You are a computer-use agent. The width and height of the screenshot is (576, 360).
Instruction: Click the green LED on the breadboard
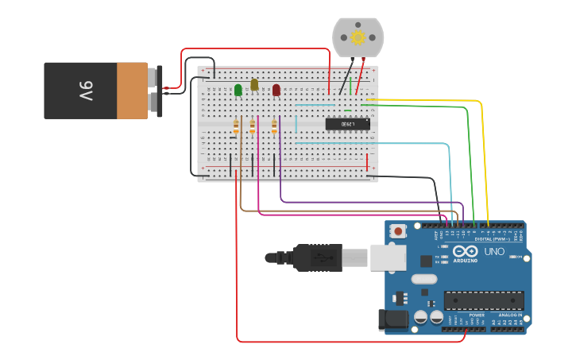click(x=238, y=90)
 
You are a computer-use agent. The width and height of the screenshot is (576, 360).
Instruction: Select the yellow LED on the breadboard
click(x=254, y=84)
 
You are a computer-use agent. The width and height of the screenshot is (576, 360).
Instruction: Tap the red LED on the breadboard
click(x=276, y=90)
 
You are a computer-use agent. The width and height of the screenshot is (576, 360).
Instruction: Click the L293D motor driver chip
click(x=347, y=124)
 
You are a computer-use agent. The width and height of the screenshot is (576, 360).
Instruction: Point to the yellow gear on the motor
click(x=358, y=37)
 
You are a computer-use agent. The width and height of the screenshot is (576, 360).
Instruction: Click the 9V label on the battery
click(x=86, y=89)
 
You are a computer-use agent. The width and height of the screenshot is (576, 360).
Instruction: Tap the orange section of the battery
click(x=132, y=91)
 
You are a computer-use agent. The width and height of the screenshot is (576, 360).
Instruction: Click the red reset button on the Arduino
click(x=398, y=231)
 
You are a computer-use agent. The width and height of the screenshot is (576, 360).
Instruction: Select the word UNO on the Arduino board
click(x=495, y=251)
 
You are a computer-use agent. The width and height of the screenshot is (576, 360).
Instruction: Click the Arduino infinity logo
click(x=465, y=252)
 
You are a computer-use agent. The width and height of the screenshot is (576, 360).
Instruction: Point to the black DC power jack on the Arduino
click(x=394, y=319)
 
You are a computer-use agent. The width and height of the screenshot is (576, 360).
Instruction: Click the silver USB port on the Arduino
click(x=389, y=257)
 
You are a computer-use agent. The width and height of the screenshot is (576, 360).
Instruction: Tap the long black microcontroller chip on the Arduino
click(x=484, y=300)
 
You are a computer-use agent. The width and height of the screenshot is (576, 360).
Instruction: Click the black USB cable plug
click(x=318, y=257)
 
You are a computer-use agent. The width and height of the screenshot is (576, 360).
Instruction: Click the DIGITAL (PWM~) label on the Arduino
click(x=493, y=238)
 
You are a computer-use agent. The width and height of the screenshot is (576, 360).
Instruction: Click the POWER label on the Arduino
click(x=477, y=315)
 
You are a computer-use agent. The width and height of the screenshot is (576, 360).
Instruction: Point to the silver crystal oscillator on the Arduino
click(x=424, y=279)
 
